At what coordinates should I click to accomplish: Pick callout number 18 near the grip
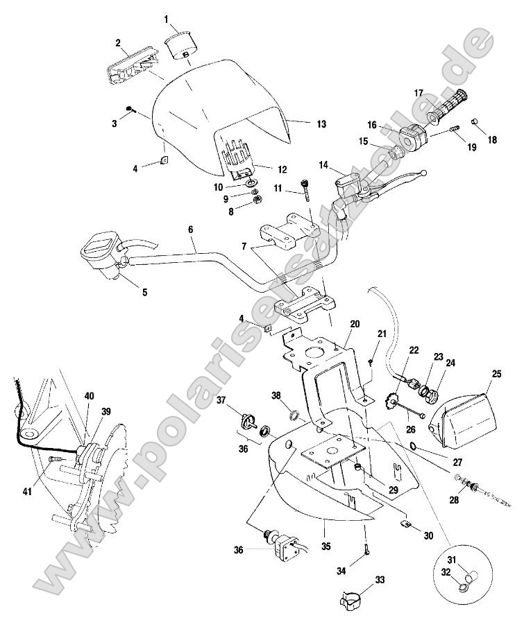click(492, 139)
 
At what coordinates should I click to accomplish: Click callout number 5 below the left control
click(144, 293)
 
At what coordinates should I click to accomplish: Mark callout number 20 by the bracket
click(355, 324)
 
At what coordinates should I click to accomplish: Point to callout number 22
click(414, 350)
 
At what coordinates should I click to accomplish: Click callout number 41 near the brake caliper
click(27, 492)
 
